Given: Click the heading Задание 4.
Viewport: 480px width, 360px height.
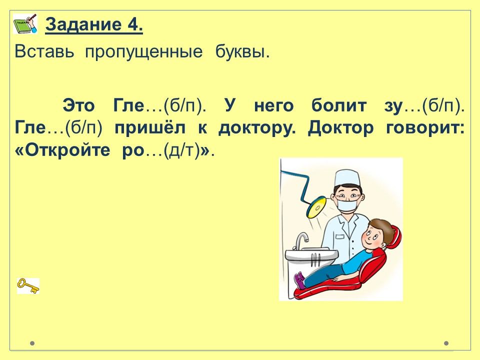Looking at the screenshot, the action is tap(94, 24).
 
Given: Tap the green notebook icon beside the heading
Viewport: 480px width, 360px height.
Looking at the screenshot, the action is tap(25, 23).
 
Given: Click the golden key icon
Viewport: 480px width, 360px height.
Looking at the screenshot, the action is tap(28, 286).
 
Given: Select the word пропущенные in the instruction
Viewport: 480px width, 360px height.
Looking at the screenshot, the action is tap(143, 52).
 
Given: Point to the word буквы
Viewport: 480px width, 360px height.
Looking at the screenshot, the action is tap(242, 51).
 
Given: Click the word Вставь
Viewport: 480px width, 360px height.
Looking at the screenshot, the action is tap(44, 51).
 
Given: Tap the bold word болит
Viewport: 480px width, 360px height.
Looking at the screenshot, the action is tap(339, 105).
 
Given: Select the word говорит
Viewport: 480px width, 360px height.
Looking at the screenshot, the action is tap(425, 128).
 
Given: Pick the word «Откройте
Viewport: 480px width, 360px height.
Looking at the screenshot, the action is tap(62, 150).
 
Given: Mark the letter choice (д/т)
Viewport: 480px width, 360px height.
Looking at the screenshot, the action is tap(182, 150).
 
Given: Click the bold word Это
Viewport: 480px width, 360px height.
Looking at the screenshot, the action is tap(78, 106).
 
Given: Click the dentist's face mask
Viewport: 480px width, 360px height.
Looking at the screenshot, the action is tap(348, 204).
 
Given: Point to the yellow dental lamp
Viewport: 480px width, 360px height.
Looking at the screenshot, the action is tap(316, 207).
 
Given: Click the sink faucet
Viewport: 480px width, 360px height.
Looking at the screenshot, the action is tap(301, 240).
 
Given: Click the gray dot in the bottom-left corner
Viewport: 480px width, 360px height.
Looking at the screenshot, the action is tap(32, 343).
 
